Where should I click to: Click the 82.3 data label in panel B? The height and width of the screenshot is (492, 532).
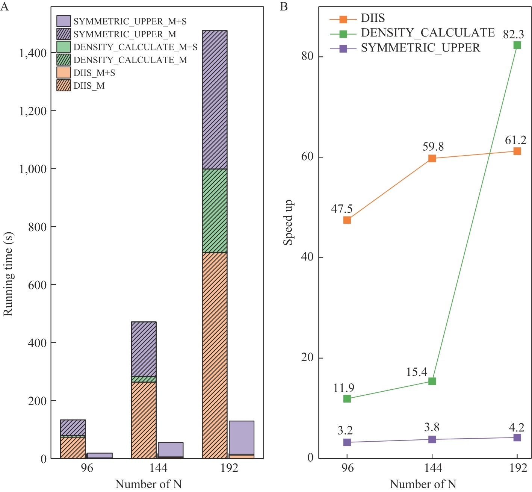click(513, 35)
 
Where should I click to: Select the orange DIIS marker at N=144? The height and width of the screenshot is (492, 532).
click(432, 158)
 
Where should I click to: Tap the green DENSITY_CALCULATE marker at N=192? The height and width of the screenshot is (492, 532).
click(517, 45)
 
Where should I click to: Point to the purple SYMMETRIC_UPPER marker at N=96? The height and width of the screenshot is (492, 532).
click(347, 442)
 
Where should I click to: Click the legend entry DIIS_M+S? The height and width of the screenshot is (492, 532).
click(94, 73)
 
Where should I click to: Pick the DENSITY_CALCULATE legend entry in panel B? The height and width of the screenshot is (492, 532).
click(428, 33)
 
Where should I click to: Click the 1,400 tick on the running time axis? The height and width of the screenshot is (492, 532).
click(33, 53)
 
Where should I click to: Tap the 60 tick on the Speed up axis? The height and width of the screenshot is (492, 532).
click(307, 157)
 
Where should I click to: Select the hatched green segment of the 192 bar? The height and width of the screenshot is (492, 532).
click(215, 210)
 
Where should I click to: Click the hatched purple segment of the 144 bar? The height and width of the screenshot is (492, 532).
click(144, 349)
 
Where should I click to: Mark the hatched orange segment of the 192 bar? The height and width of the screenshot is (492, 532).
click(215, 355)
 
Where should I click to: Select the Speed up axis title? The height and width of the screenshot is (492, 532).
click(288, 223)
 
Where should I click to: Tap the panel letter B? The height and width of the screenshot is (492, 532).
click(284, 7)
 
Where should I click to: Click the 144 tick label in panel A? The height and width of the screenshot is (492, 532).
click(158, 468)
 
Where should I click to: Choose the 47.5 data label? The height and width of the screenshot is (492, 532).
click(342, 209)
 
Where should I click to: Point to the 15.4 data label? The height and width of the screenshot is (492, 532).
click(417, 372)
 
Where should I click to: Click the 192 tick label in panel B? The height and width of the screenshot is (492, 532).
click(518, 468)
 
